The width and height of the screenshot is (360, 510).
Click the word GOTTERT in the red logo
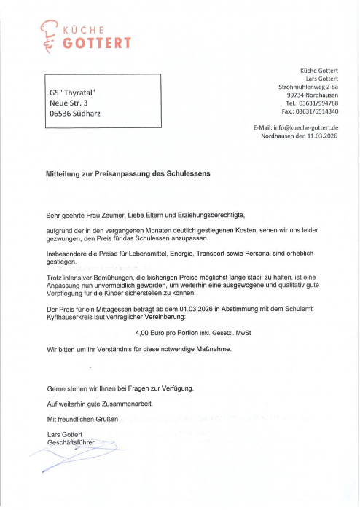tap(96, 44)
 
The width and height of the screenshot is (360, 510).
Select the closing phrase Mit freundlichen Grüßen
tap(83, 419)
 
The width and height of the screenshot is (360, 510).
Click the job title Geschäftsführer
tap(71, 442)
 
